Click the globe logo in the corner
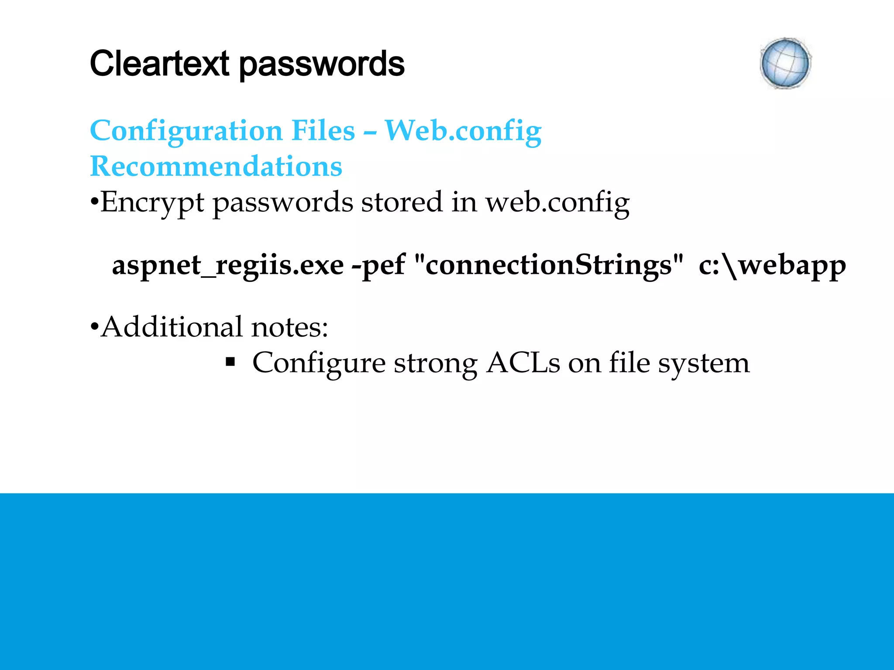[785, 64]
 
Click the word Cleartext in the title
[159, 64]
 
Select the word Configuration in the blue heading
[186, 131]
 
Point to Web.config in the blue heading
[463, 131]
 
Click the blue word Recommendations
[216, 166]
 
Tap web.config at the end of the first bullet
[557, 202]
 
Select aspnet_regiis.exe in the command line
[228, 265]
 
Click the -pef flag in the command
[378, 265]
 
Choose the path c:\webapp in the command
[772, 265]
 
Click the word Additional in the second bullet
[172, 327]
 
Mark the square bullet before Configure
[230, 362]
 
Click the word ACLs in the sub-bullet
[523, 362]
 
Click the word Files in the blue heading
[323, 131]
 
